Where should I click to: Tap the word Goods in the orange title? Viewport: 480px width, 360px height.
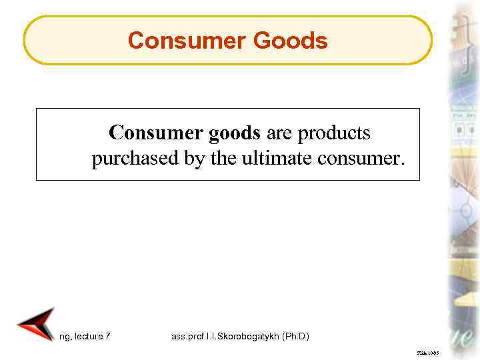pyautogui.click(x=289, y=41)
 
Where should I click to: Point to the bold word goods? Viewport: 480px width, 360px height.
pyautogui.click(x=235, y=133)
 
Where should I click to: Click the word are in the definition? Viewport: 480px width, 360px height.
pyautogui.click(x=280, y=133)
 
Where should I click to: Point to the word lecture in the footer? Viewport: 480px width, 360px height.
pyautogui.click(x=89, y=336)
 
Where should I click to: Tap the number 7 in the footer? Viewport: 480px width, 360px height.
pyautogui.click(x=108, y=336)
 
